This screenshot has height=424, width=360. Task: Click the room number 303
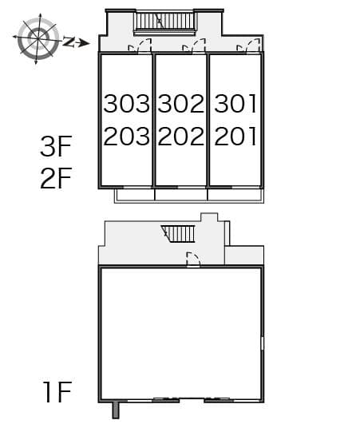point(126,103)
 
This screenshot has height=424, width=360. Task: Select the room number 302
point(181,103)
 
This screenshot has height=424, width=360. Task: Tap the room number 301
point(235,103)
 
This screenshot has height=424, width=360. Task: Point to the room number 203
point(126,136)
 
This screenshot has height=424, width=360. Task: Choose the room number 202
point(181,136)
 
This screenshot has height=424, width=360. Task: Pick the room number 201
point(235,136)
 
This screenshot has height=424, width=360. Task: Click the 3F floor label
point(56,146)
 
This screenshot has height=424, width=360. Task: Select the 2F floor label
point(56,178)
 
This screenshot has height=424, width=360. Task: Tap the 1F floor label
point(57,391)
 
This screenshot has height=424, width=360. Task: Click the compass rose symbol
point(38,38)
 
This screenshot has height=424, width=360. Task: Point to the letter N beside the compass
point(69,42)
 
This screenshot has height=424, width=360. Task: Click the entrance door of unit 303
point(140,46)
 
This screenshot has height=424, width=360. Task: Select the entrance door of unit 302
point(194,46)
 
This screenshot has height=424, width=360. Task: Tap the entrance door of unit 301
point(248,46)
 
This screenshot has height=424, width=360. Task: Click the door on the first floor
point(193,260)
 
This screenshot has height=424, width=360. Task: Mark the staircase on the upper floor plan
point(164,21)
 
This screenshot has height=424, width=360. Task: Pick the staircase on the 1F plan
point(178,234)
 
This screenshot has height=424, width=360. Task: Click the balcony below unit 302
point(181,195)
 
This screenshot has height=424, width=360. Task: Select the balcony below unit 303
point(134,195)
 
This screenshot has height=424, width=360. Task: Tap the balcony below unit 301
point(235,195)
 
